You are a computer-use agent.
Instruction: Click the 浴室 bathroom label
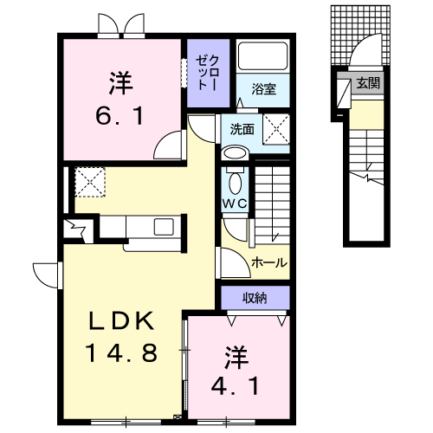[x=264, y=89]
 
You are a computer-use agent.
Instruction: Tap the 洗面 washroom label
[x=242, y=130]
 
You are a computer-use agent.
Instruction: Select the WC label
[x=235, y=204]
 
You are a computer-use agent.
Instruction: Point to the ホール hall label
[x=269, y=262]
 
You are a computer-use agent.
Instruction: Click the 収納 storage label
[x=255, y=298]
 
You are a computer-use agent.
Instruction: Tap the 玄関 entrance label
[x=368, y=83]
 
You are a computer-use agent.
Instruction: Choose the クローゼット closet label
[x=208, y=73]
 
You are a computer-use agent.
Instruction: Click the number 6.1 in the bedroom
[x=120, y=116]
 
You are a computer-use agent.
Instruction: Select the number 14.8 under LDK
[x=121, y=352]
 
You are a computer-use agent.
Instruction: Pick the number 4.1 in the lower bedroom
[x=236, y=386]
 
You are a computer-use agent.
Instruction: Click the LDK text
[x=121, y=320]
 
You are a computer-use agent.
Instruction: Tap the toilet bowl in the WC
[x=235, y=183]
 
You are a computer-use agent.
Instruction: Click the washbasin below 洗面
[x=235, y=153]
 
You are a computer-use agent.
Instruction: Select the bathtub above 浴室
[x=262, y=55]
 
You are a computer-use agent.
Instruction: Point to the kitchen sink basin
[x=164, y=227]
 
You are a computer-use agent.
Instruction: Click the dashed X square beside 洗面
[x=276, y=129]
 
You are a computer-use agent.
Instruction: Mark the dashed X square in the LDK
[x=90, y=182]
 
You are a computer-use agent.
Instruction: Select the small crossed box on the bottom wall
[x=177, y=417]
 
